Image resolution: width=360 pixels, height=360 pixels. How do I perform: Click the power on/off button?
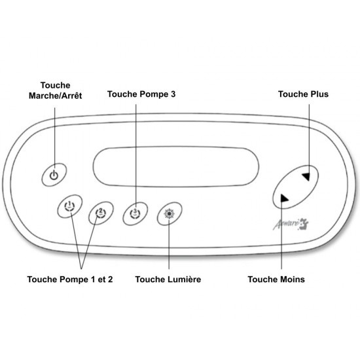pyautogui.click(x=54, y=175)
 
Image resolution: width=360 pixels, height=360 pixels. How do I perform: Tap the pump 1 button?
pyautogui.click(x=70, y=206)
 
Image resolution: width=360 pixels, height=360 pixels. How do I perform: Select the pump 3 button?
pyautogui.click(x=135, y=214)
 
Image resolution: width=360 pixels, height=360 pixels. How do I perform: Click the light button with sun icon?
pyautogui.click(x=170, y=214)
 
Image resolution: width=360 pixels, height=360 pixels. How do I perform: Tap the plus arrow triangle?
pyautogui.click(x=306, y=176)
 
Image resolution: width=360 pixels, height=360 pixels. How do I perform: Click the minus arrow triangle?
pyautogui.click(x=284, y=198)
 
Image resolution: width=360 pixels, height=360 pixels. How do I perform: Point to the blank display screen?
pyautogui.click(x=176, y=167)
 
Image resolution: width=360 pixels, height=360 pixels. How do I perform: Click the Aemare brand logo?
pyautogui.click(x=291, y=225)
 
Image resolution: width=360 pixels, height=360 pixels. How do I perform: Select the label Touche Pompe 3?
pyautogui.click(x=141, y=94)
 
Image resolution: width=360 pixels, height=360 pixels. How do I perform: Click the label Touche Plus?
pyautogui.click(x=303, y=94)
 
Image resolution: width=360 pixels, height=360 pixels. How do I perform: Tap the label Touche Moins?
pyautogui.click(x=276, y=279)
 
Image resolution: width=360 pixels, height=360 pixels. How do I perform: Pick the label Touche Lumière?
pyautogui.click(x=168, y=279)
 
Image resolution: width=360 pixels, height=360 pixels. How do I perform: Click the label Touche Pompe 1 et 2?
pyautogui.click(x=70, y=279)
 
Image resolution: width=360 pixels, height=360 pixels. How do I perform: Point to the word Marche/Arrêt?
pyautogui.click(x=56, y=96)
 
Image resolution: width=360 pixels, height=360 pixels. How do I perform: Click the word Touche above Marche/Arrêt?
pyautogui.click(x=56, y=85)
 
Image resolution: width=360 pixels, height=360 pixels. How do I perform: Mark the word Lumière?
pyautogui.click(x=185, y=279)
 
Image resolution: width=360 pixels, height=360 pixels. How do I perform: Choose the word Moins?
pyautogui.click(x=293, y=279)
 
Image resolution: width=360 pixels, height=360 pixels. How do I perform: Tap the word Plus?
pyautogui.click(x=319, y=94)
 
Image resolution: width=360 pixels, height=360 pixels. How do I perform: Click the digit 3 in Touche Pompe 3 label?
pyautogui.click(x=173, y=94)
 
